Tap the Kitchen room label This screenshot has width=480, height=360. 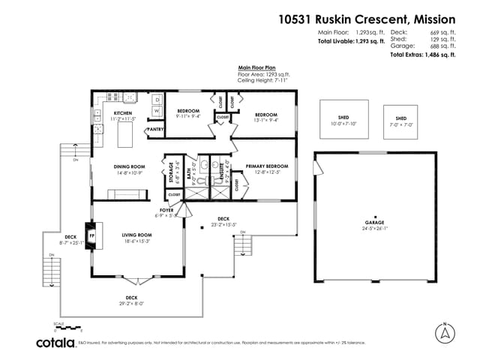(102, 113)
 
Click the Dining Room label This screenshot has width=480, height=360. (128, 166)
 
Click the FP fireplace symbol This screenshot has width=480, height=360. (92, 235)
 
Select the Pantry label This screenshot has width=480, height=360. (155, 130)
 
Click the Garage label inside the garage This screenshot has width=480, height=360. (374, 223)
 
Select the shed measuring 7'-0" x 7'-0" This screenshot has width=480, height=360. (400, 121)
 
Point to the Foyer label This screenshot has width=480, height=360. (167, 211)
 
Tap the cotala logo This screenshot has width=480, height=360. (55, 343)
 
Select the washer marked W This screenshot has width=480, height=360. (157, 112)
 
